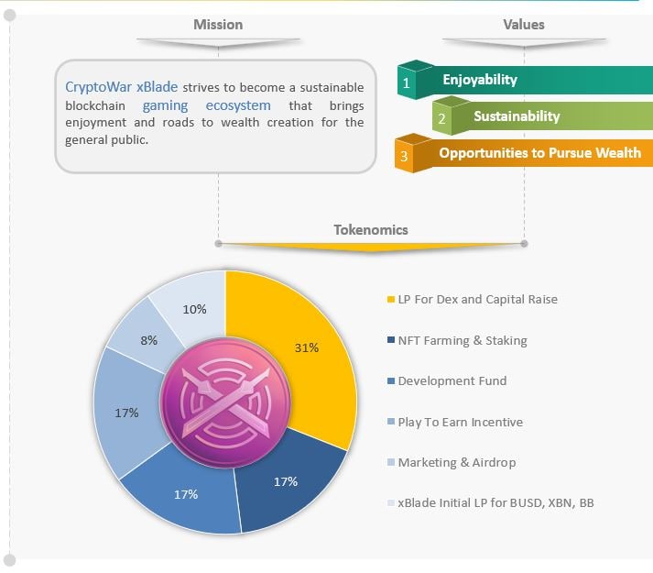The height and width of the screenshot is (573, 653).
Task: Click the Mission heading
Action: click(218, 25)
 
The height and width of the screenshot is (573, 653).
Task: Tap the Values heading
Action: click(524, 25)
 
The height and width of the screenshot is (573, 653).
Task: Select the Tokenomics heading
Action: click(371, 230)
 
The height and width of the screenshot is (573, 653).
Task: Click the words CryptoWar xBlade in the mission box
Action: click(121, 87)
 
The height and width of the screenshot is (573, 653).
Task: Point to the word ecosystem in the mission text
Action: click(238, 105)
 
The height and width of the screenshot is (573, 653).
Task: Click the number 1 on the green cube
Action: click(406, 83)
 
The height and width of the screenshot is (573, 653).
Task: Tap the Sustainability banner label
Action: click(517, 116)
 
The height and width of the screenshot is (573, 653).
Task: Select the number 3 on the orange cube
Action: click(404, 157)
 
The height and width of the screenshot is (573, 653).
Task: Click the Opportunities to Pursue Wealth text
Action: click(539, 152)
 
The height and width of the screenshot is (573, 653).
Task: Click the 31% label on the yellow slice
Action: click(307, 347)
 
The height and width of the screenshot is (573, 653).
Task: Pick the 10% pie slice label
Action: click(194, 309)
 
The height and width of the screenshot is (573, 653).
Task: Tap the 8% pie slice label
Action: click(148, 340)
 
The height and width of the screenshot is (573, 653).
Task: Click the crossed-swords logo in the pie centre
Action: click(225, 402)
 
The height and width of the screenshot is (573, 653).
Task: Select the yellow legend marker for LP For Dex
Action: click(391, 300)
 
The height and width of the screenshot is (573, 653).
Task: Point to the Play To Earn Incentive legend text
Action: click(460, 422)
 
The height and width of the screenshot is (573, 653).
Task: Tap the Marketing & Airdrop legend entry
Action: click(456, 462)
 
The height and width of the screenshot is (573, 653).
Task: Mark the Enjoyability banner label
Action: click(480, 80)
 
